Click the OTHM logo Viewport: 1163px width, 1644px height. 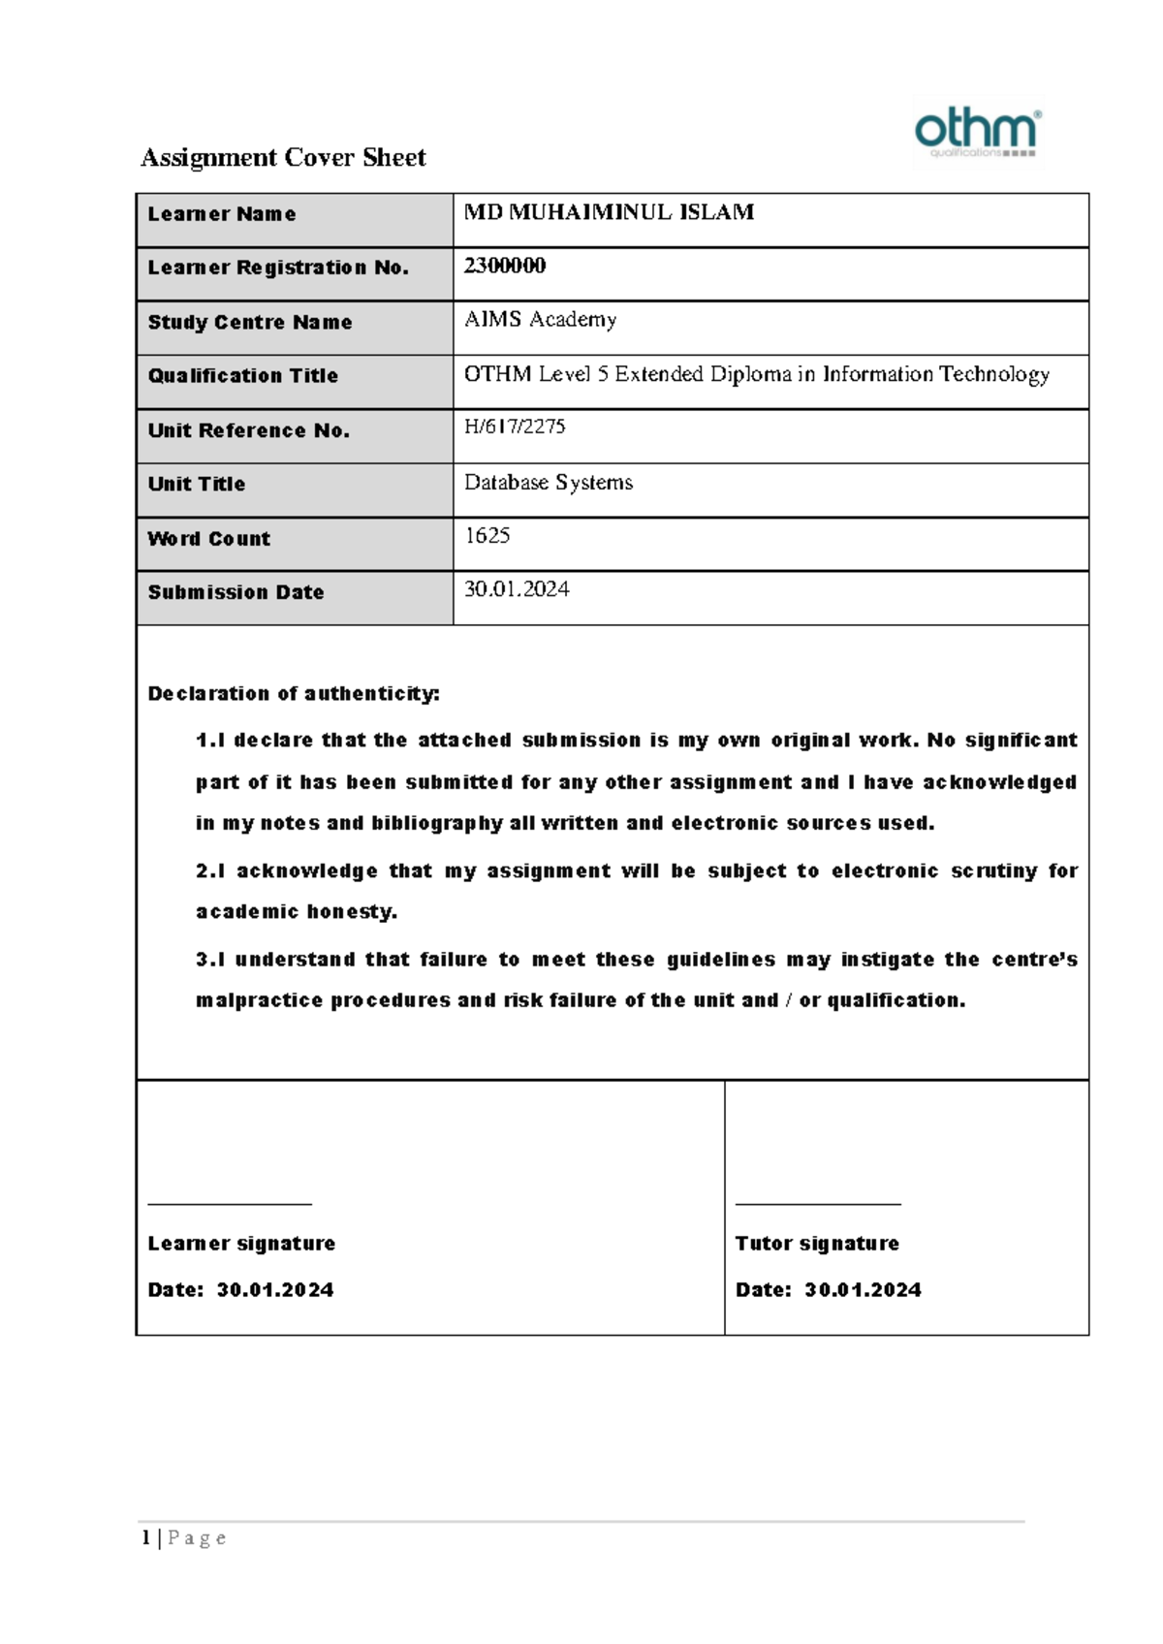(977, 133)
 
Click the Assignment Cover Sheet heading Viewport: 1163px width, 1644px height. (283, 157)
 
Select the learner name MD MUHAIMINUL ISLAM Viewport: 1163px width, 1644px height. (609, 212)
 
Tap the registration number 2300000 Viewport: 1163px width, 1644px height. (504, 266)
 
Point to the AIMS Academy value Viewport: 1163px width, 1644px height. (540, 319)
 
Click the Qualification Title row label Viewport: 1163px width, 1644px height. (242, 376)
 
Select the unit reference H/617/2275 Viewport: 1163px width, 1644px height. (515, 427)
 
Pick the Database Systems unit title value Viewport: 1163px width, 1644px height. (548, 482)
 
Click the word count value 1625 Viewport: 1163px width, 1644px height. (487, 535)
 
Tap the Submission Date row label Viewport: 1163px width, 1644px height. (236, 592)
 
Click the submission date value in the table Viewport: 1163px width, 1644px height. (517, 589)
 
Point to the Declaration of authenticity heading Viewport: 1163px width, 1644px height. (293, 693)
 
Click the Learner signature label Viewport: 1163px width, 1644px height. (241, 1243)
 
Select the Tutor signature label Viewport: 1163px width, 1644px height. (817, 1243)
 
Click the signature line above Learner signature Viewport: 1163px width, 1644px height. (230, 1204)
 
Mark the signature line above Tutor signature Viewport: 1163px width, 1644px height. (818, 1204)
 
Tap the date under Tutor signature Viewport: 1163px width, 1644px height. (863, 1290)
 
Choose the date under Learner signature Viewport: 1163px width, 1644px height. (275, 1290)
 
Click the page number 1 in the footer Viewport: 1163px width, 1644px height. (145, 1537)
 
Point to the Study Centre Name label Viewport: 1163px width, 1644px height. (249, 323)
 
